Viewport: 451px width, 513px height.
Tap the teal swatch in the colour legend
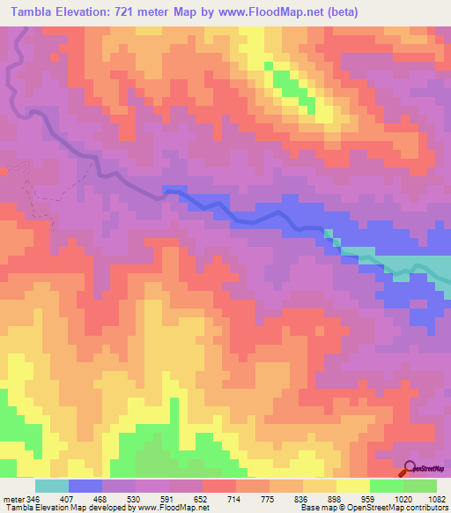click(52, 486)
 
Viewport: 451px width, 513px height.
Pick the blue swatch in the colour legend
click(85, 486)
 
